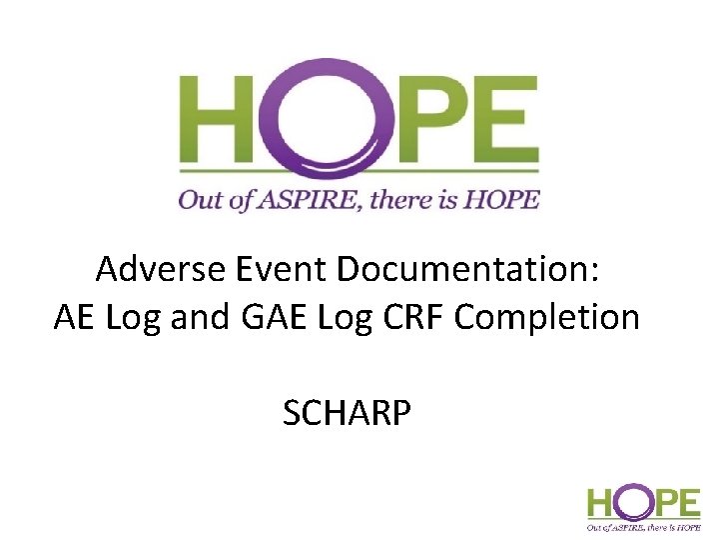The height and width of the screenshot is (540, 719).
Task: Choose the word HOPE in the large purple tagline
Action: click(x=506, y=200)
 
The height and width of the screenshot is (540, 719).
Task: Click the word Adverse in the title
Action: click(x=156, y=269)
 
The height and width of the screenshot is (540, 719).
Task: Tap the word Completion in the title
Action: click(x=547, y=319)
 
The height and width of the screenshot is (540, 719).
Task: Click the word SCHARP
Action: click(x=347, y=412)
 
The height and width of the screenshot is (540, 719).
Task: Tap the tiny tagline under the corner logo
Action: click(x=643, y=524)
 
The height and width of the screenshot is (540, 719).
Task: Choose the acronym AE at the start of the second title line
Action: click(x=76, y=317)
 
